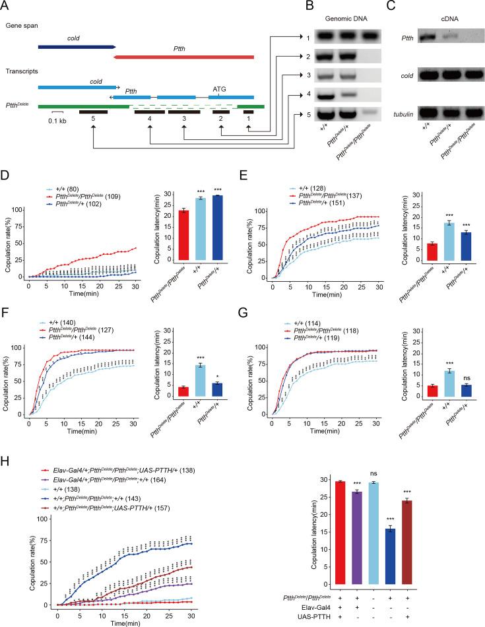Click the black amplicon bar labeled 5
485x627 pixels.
coord(93,112)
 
